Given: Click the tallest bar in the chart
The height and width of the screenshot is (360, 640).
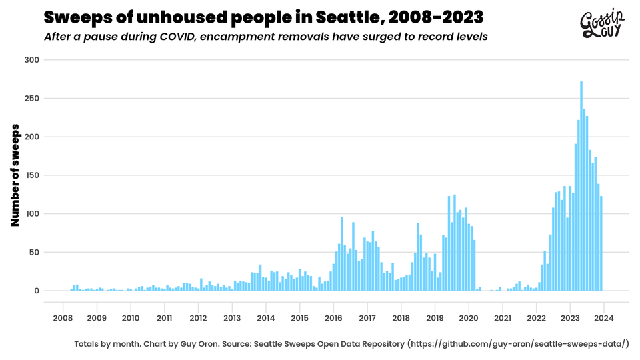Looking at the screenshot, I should pyautogui.click(x=581, y=187).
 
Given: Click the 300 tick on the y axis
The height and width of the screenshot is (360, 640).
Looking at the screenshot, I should pyautogui.click(x=33, y=60).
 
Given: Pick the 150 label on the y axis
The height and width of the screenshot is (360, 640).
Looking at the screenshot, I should pyautogui.click(x=33, y=175).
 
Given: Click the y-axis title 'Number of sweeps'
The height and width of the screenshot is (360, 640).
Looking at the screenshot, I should pyautogui.click(x=15, y=175).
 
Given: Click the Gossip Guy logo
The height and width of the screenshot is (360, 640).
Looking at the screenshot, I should pyautogui.click(x=601, y=25).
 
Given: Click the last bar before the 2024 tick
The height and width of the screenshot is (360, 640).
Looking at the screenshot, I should pyautogui.click(x=601, y=244).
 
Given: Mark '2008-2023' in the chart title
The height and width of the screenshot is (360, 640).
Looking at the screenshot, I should pyautogui.click(x=433, y=16).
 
